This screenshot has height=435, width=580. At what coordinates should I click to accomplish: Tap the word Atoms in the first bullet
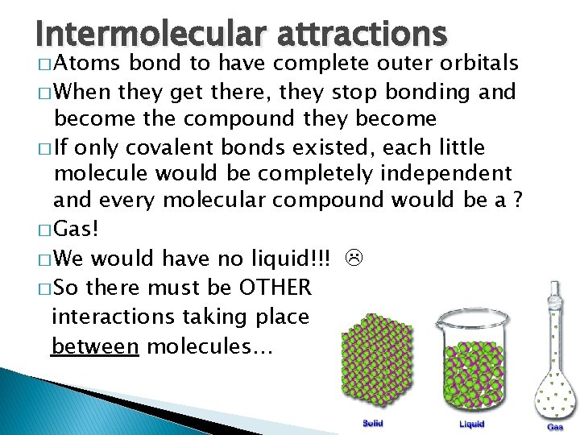90,63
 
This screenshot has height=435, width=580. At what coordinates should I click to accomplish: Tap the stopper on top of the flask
554,289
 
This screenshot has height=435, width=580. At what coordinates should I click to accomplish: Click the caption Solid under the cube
372,423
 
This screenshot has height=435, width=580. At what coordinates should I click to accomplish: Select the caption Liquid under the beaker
472,424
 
